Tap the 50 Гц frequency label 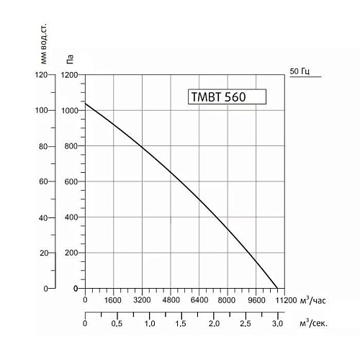point(300,71)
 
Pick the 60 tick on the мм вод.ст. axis point(42,181)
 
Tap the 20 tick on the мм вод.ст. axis point(42,253)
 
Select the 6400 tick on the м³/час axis point(199,300)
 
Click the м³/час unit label point(315,299)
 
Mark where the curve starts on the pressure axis point(85,103)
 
